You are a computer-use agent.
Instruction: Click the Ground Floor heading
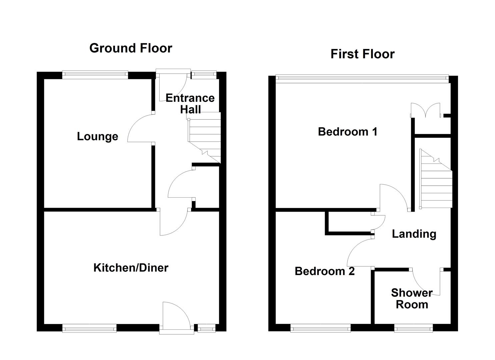click(x=131, y=48)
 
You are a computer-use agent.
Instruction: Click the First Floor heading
click(x=362, y=54)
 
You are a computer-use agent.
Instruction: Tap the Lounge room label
click(x=97, y=136)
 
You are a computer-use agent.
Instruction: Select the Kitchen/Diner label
click(x=131, y=268)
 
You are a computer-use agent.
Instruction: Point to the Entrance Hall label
click(x=190, y=104)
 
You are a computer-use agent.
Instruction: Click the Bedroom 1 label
click(x=348, y=132)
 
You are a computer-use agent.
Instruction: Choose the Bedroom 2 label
click(x=325, y=271)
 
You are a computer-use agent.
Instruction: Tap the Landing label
click(x=414, y=234)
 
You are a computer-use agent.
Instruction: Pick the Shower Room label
click(x=412, y=299)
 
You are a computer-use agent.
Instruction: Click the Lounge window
click(x=95, y=75)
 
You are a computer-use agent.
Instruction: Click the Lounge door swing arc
click(x=140, y=128)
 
